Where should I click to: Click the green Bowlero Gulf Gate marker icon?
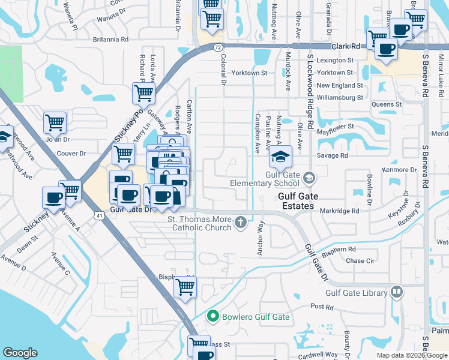[212, 316]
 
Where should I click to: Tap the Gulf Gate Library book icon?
[396, 293]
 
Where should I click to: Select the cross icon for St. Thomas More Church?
[240, 223]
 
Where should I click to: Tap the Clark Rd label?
[348, 46]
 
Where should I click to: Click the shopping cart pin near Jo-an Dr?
[55, 123]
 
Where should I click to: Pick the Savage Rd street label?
[336, 155]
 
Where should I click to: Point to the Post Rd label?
[322, 307]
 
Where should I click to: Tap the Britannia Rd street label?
[111, 40]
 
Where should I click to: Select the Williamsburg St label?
[340, 97]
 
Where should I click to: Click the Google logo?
[20, 353]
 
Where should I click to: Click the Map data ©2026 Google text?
[411, 355]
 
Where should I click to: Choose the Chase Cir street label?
[360, 261]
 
